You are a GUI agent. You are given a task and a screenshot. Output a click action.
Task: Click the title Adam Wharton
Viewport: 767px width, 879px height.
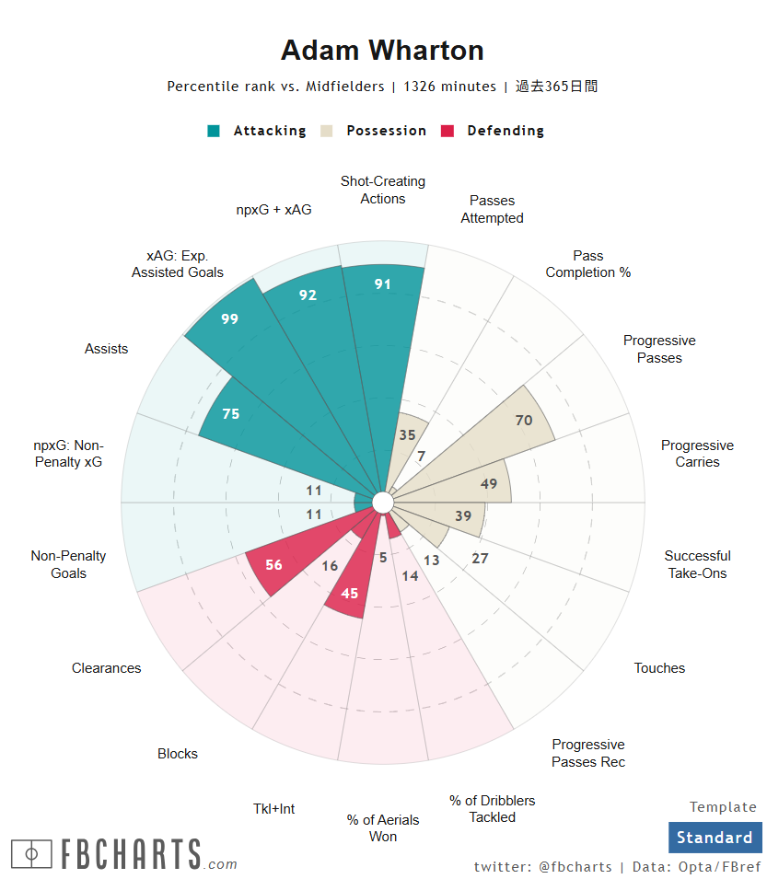click(382, 51)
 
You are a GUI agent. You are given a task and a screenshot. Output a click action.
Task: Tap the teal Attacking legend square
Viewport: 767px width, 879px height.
click(214, 131)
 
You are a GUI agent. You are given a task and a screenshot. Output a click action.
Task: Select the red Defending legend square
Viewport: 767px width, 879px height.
click(448, 131)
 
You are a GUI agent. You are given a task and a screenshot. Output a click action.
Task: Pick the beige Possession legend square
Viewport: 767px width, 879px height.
click(327, 131)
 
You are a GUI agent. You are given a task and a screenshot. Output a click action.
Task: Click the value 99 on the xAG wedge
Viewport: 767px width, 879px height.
click(229, 318)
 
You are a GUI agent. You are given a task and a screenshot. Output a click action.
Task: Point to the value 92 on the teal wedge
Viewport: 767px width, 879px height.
click(308, 295)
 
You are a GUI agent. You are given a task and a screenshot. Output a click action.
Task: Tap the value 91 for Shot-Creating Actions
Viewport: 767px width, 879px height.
click(383, 284)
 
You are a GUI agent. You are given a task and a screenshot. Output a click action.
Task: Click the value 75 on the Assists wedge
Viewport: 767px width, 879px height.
click(230, 414)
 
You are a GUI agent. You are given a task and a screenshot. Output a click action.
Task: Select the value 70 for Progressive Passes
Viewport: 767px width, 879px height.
click(524, 421)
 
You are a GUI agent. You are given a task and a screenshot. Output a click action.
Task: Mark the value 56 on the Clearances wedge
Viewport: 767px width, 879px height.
click(273, 565)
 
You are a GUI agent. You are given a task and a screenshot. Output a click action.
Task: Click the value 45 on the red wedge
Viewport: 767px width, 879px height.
click(350, 594)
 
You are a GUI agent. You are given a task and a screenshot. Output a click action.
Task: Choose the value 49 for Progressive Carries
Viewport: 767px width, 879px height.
click(489, 484)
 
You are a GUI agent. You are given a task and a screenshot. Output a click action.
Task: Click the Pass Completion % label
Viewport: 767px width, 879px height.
click(587, 264)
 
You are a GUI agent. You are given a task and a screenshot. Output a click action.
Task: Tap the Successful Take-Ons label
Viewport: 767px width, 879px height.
click(697, 564)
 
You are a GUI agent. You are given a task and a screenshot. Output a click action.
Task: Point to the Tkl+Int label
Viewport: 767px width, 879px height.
click(274, 808)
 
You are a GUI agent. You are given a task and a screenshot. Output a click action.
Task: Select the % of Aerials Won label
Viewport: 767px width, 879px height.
click(383, 827)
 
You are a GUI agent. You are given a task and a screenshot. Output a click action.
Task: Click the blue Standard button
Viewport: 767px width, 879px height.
click(715, 838)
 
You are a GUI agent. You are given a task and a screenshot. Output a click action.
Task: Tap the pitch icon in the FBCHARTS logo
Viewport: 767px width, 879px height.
click(31, 854)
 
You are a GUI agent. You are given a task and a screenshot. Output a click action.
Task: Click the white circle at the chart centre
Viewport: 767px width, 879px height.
click(382, 502)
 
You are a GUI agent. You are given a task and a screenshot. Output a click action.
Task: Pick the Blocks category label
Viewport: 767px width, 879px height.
click(178, 754)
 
